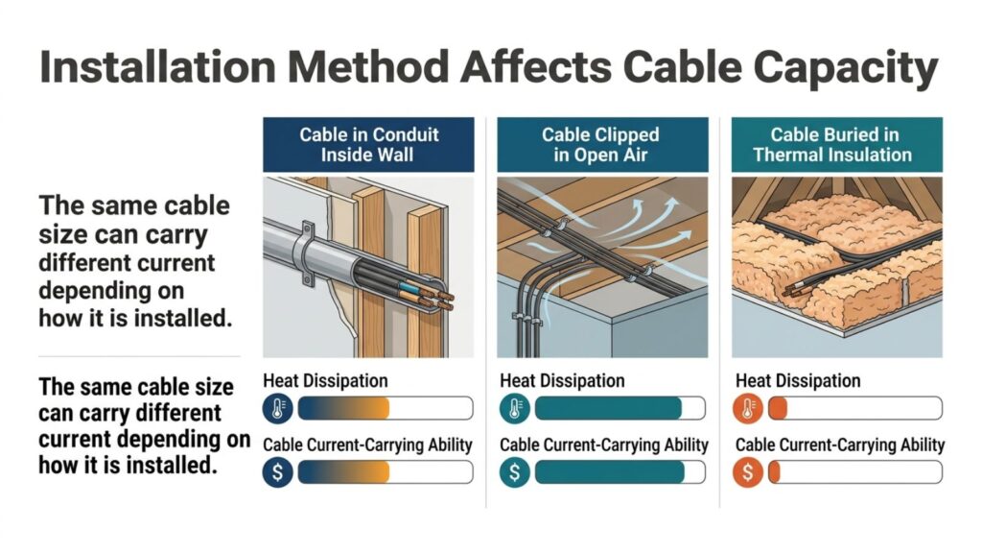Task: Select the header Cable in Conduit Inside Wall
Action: [368, 144]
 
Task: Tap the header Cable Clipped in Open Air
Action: [602, 144]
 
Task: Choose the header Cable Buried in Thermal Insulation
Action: [836, 144]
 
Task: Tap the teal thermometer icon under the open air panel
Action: [513, 409]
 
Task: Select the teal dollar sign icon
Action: [513, 472]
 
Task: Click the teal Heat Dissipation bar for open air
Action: [608, 409]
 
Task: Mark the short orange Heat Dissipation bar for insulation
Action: [777, 409]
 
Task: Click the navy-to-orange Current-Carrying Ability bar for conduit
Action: [345, 472]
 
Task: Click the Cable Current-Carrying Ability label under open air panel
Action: [604, 445]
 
